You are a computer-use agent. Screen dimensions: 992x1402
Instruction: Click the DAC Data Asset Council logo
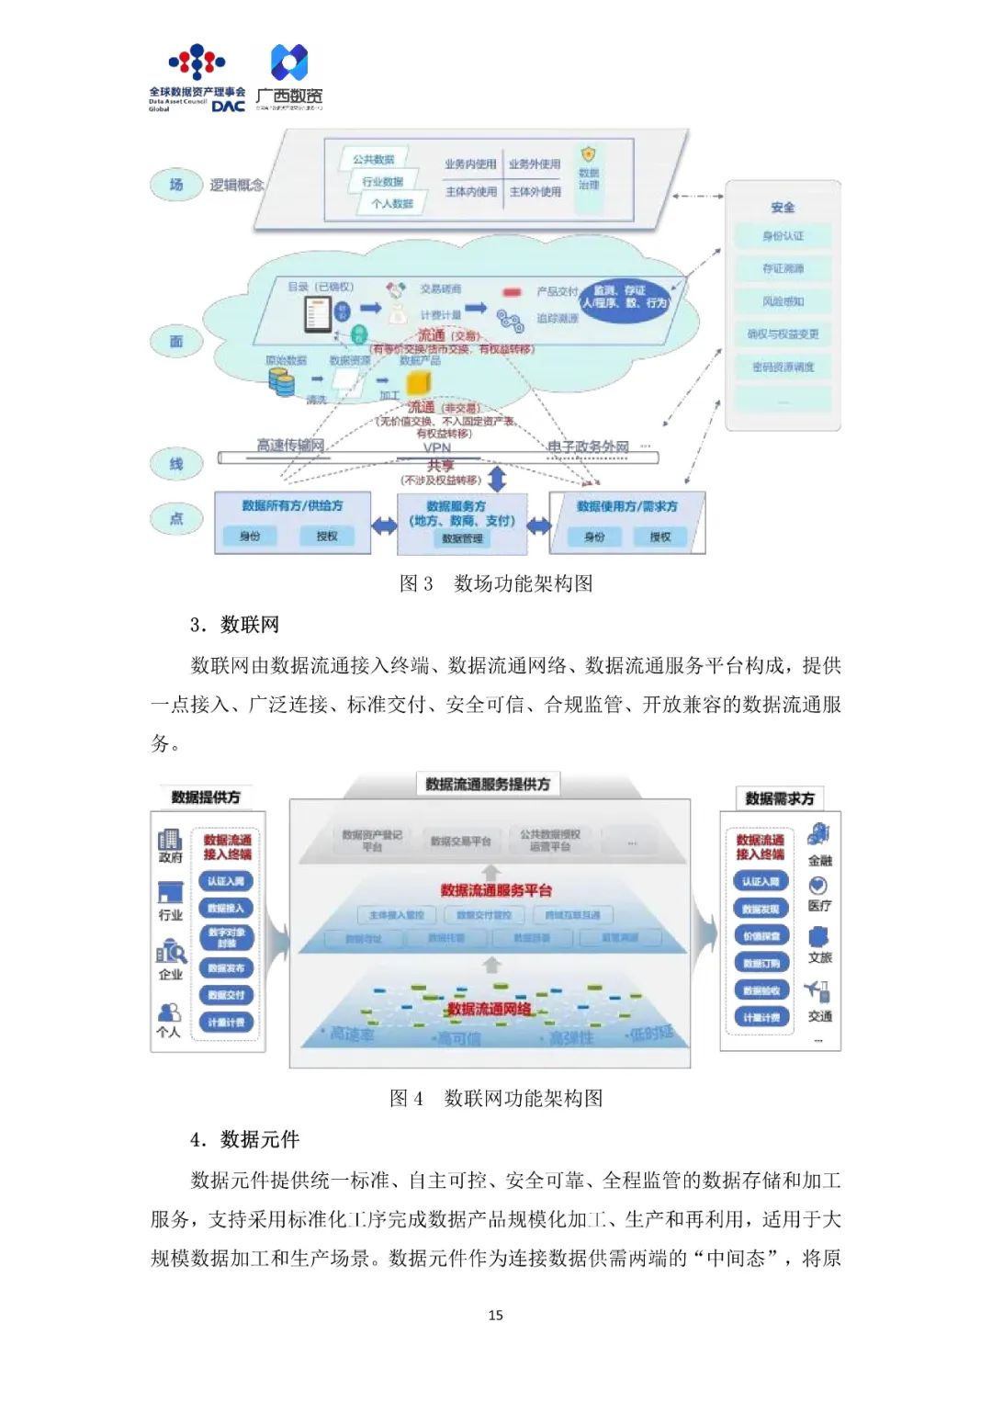point(197,79)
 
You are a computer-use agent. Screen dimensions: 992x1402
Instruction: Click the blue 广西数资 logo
point(289,77)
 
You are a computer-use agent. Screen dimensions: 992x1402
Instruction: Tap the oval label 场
point(175,185)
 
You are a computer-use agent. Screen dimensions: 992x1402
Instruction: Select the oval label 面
point(175,341)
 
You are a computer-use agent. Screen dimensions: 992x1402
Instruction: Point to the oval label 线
point(175,464)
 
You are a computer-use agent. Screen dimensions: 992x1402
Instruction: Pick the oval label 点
point(175,518)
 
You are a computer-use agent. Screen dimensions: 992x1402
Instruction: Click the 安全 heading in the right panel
point(783,208)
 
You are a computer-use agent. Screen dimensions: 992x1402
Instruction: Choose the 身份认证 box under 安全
point(783,236)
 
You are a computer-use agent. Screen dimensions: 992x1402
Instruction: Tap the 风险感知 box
point(783,301)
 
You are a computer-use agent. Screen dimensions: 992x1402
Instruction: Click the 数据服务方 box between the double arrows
point(462,522)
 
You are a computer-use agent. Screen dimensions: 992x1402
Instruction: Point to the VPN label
point(437,447)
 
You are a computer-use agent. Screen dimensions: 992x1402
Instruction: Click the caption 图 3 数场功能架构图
point(496,583)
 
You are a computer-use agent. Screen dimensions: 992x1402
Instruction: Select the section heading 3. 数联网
point(234,625)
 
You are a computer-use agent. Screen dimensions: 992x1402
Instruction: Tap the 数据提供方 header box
point(206,797)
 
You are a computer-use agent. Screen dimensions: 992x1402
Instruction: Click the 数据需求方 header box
point(780,798)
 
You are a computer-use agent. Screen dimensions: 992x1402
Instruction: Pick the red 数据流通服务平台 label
point(496,889)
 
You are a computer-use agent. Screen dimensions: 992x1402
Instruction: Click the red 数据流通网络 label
point(489,1009)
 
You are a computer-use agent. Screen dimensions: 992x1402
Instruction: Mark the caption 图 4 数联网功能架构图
point(496,1098)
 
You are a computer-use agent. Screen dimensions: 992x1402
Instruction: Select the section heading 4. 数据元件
point(244,1139)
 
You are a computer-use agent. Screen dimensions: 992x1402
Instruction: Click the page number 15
point(496,1315)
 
